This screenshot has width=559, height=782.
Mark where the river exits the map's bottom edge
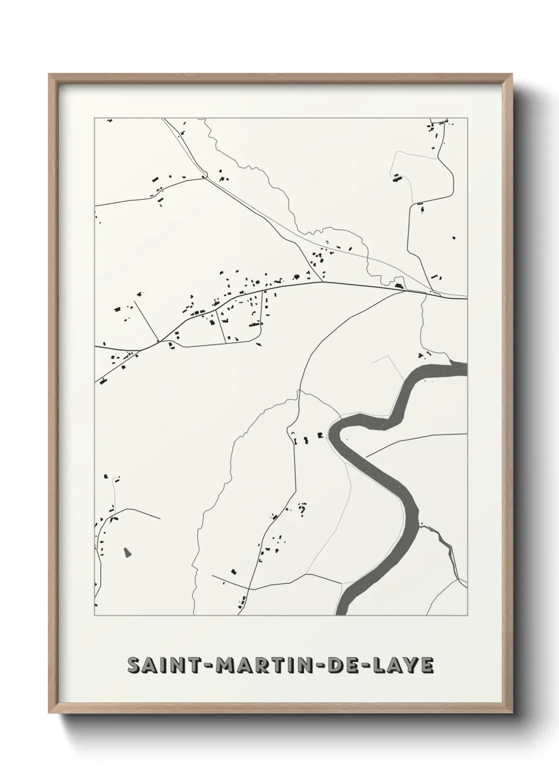[343, 613]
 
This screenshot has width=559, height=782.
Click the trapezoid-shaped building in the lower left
[127, 552]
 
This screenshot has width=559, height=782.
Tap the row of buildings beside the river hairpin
[307, 436]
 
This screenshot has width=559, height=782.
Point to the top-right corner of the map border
[468, 118]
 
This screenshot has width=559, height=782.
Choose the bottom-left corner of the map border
[95, 616]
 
